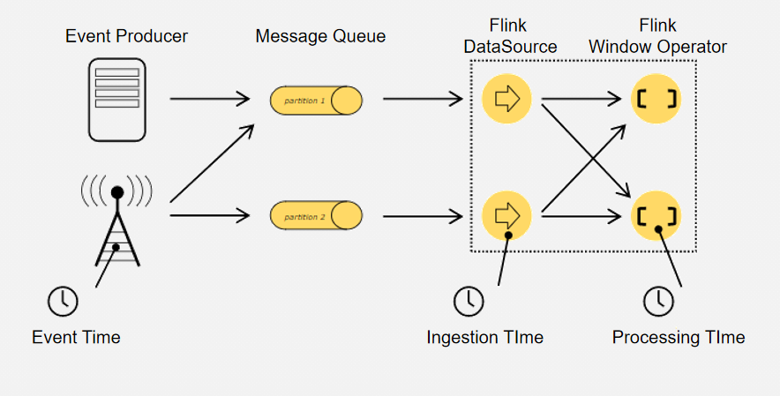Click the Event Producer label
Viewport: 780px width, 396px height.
[x=127, y=37]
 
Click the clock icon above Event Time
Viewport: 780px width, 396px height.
[x=63, y=301]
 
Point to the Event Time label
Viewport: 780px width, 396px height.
[x=76, y=337]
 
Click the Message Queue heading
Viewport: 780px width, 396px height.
[x=320, y=37]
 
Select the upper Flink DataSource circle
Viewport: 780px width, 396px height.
[x=507, y=99]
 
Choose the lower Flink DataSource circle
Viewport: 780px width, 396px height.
[x=507, y=214]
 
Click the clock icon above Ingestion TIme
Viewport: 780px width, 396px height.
[x=469, y=302]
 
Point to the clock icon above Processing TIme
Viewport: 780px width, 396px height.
[x=657, y=302]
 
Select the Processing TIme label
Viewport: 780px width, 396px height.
[x=679, y=337]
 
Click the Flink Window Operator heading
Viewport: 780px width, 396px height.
[x=671, y=37]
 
